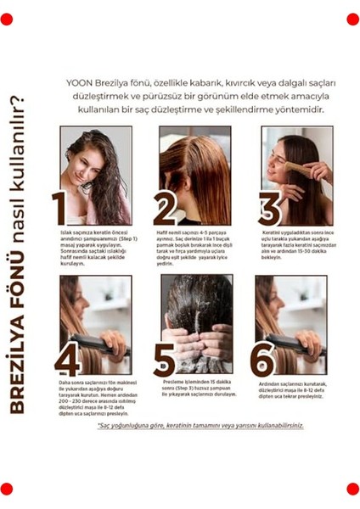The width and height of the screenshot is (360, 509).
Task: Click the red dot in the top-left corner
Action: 7,20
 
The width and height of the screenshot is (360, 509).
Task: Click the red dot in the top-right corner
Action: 352,20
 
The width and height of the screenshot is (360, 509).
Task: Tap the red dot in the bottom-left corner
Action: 7,489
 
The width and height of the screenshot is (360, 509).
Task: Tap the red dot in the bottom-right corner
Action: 352,489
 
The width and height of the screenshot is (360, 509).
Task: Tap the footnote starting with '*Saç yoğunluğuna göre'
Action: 200,426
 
